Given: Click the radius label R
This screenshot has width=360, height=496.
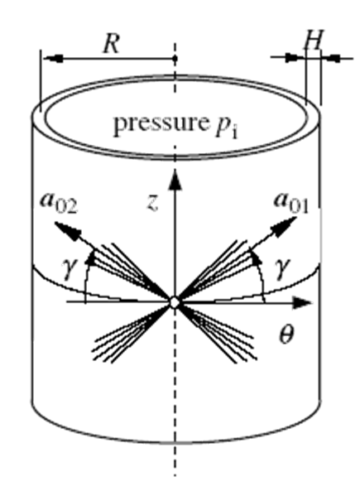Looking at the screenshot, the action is (x=112, y=43).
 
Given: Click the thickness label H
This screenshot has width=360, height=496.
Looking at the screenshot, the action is (x=313, y=40).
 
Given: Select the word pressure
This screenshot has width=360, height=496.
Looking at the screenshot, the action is (x=159, y=124).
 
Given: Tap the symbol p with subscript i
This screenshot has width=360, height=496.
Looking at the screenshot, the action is (x=226, y=127).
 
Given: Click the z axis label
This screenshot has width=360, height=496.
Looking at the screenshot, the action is (x=152, y=204).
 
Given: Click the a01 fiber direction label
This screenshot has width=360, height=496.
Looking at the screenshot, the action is (x=291, y=204).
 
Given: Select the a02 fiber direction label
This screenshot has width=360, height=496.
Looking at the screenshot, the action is (x=59, y=205).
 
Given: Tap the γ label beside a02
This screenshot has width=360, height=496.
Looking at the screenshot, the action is (x=70, y=269).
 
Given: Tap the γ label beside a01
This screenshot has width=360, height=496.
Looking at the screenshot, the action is (x=283, y=268).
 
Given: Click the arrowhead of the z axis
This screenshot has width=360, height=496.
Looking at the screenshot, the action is (x=175, y=180).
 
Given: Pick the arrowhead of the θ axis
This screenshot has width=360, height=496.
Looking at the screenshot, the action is (x=301, y=303).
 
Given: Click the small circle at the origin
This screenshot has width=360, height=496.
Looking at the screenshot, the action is (x=175, y=303).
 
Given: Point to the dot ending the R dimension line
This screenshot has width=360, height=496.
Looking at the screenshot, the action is (x=175, y=59).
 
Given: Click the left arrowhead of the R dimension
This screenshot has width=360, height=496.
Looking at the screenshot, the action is (x=53, y=59).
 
